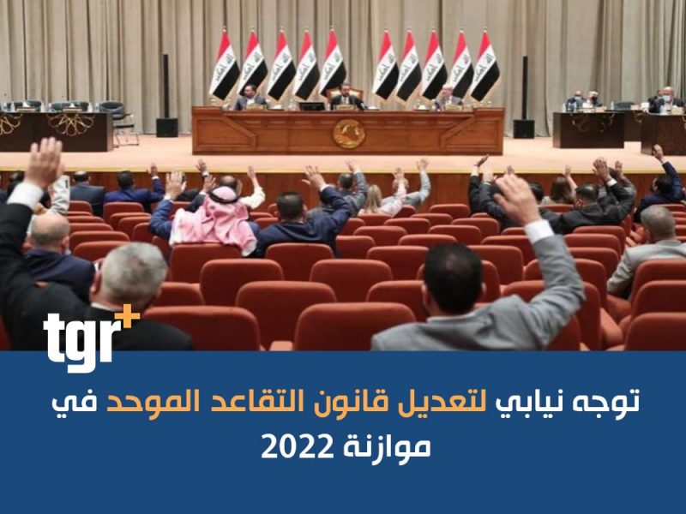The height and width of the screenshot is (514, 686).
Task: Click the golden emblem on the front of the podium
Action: point(349,134)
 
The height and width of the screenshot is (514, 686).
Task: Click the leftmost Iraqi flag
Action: point(224,66)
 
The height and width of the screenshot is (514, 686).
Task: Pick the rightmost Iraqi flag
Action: point(484,66)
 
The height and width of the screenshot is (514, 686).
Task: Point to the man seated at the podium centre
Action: point(346,97)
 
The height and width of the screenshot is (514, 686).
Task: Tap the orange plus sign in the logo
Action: point(130,314)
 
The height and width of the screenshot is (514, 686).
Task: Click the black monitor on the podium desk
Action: point(312,105)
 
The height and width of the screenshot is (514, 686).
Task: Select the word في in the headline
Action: point(75,403)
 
